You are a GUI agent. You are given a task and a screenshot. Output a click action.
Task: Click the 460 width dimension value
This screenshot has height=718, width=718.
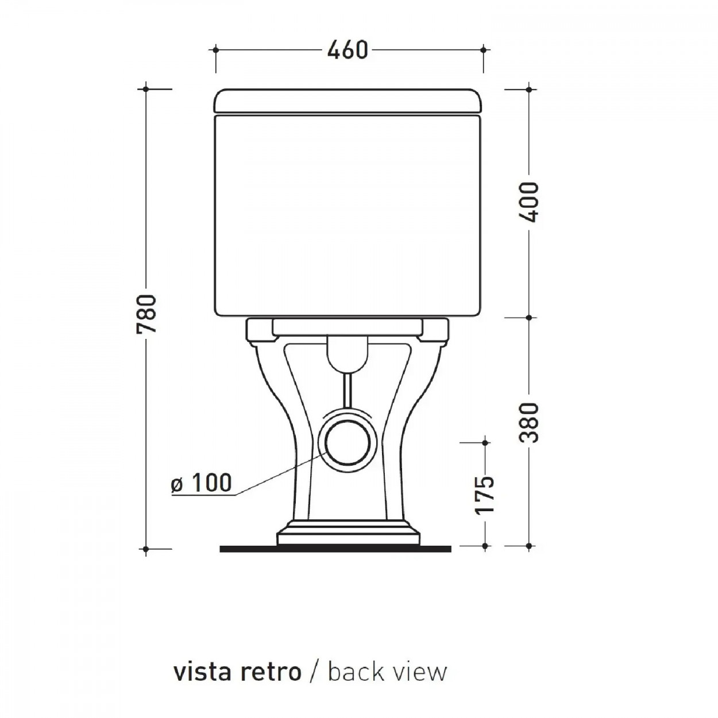[x=348, y=50]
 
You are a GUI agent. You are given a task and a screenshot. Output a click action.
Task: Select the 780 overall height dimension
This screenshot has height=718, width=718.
[x=146, y=314]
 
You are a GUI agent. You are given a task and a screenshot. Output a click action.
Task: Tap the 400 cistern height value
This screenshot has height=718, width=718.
[x=528, y=202]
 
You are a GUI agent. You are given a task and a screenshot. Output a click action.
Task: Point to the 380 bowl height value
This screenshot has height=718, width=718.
[x=528, y=423]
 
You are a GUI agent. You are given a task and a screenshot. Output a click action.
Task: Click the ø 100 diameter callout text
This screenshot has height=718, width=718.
[x=202, y=482]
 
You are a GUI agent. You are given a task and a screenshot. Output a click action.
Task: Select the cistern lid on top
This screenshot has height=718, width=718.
[x=348, y=101]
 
